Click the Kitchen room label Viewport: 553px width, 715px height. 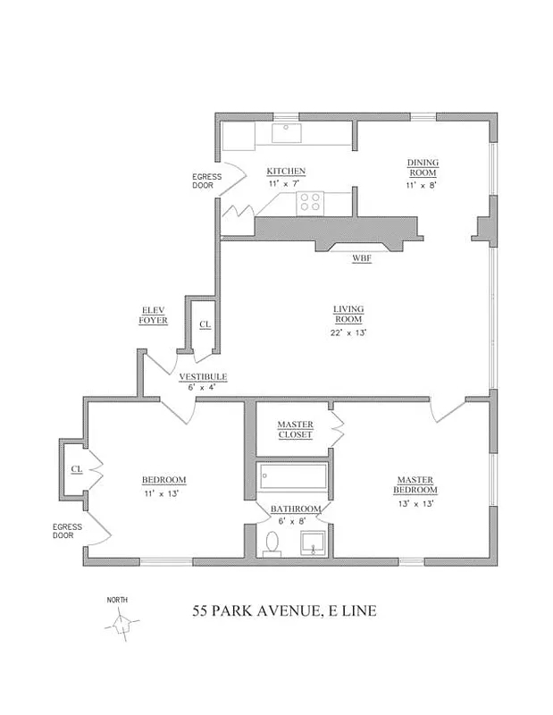pos(286,171)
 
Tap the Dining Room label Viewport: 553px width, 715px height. pos(423,167)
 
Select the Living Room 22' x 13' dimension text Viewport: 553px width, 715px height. pos(348,332)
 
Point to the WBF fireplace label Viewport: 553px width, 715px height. pos(362,258)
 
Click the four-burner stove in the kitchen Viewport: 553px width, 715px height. pos(310,203)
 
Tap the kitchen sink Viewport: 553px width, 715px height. pos(287,133)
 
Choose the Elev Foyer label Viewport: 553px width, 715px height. pos(153,315)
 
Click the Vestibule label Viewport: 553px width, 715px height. pos(203,376)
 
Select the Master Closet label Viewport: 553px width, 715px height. pos(295,429)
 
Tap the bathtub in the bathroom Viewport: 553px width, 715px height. pos(292,476)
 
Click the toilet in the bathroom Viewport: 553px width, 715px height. pos(272,544)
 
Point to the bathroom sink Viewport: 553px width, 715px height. pos(313,543)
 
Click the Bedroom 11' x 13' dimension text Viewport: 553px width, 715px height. pos(161,493)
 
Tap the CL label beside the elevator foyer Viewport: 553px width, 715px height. pos(205,324)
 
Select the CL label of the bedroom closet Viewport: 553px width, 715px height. pos(77,468)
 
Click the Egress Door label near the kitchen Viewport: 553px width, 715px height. pos(206,181)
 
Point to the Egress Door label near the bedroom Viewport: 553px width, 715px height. pos(68,531)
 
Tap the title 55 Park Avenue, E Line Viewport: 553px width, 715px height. pos(284,610)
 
